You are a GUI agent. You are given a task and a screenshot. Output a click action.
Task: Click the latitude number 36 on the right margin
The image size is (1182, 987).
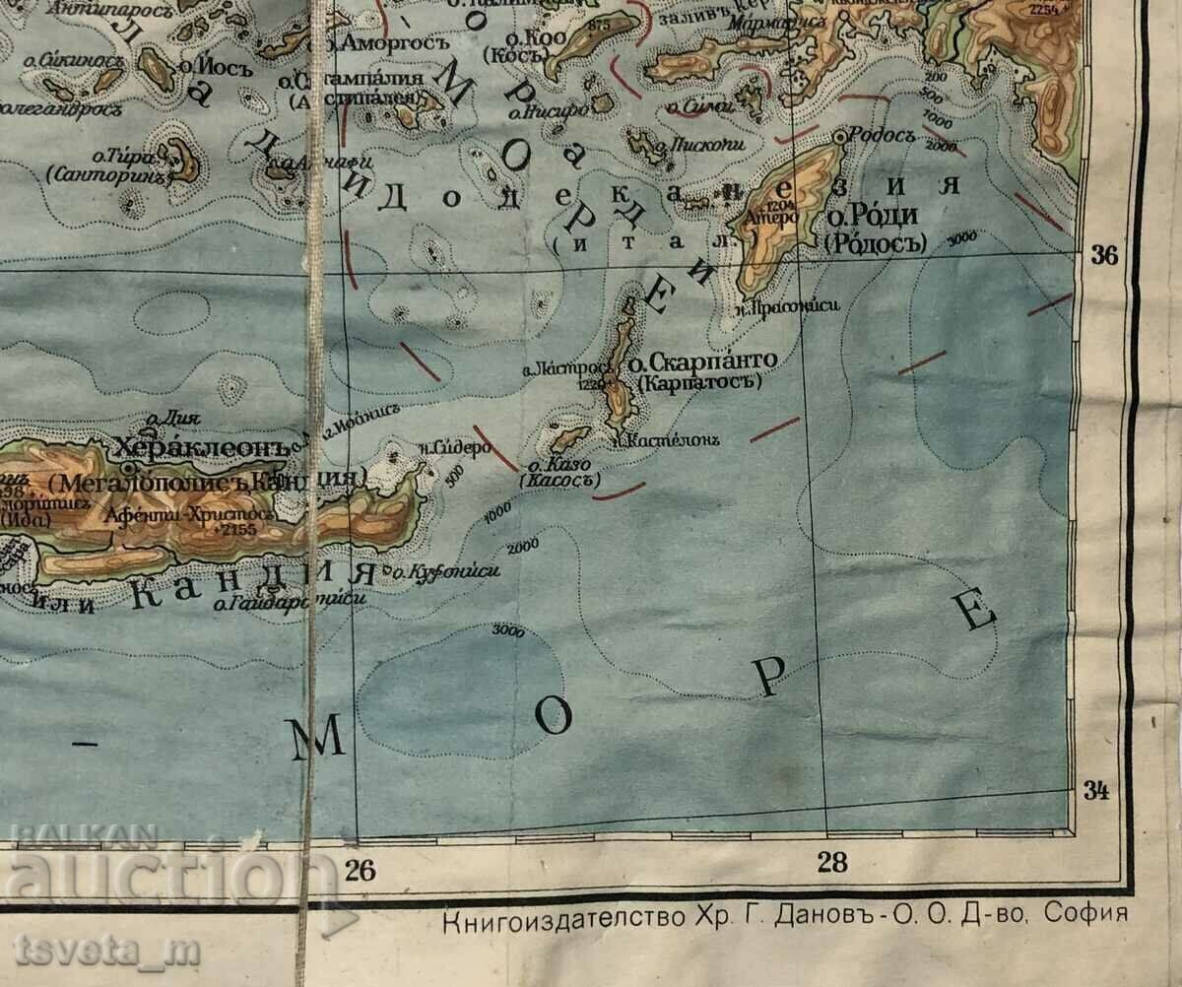pos(1105,256)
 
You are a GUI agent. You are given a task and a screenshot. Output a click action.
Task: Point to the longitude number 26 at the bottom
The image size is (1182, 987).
pos(361,869)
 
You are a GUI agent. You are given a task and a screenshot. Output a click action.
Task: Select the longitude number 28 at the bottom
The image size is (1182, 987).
pos(832,863)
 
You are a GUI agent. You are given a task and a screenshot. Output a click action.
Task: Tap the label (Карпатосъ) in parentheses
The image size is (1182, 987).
pos(700,382)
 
